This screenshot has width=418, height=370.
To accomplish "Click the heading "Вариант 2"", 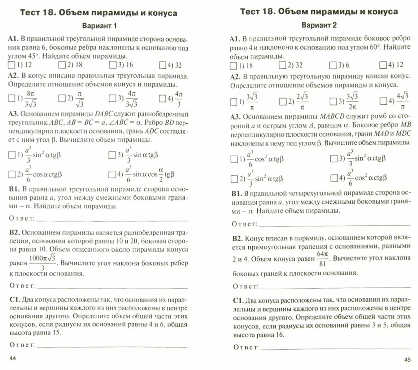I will [319, 25].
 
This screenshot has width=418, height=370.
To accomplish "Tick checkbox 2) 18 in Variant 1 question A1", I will [61, 65].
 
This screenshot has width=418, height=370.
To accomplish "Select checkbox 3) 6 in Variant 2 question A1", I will [332, 65].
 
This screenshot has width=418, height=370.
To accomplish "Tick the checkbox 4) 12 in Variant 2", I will [383, 65].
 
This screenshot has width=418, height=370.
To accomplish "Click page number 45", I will [407, 359].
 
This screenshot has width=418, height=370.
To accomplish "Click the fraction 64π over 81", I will [322, 259].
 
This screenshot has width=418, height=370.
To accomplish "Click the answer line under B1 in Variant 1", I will [112, 220].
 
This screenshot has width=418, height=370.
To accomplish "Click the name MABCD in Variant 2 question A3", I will [332, 117].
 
